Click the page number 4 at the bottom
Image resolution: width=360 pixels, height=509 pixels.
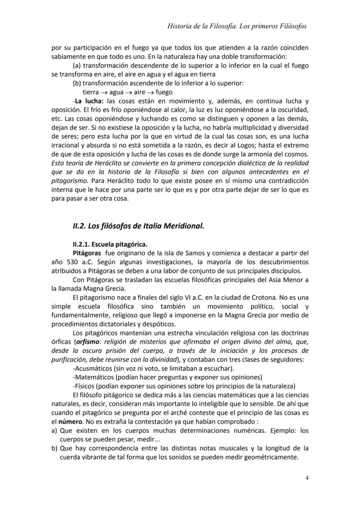[307, 478]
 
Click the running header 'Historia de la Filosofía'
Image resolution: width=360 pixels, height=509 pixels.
[203, 26]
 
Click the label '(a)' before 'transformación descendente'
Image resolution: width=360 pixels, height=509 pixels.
[77, 66]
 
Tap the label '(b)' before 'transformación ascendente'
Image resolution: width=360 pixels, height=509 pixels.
[77, 83]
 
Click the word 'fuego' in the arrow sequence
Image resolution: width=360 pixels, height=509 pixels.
[163, 92]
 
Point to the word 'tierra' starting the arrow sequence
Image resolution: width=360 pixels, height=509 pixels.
[90, 92]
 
